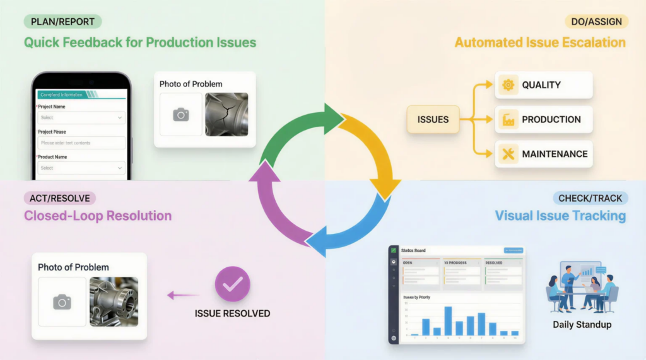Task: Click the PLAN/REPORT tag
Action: pyautogui.click(x=62, y=22)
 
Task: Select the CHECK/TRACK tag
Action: pyautogui.click(x=590, y=198)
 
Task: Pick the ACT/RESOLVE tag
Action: pyautogui.click(x=59, y=198)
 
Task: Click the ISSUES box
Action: pyautogui.click(x=433, y=119)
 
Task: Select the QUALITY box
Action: pyautogui.click(x=544, y=85)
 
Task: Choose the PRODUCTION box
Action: pyautogui.click(x=544, y=119)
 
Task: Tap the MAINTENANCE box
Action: pyautogui.click(x=544, y=154)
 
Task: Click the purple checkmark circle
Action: pyautogui.click(x=232, y=284)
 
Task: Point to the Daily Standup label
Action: pyautogui.click(x=582, y=325)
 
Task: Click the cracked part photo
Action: pyautogui.click(x=226, y=114)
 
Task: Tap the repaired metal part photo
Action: pyautogui.click(x=114, y=302)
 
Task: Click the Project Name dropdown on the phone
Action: pyautogui.click(x=80, y=118)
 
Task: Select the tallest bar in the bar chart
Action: pyautogui.click(x=448, y=321)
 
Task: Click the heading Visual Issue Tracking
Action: pyautogui.click(x=560, y=216)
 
